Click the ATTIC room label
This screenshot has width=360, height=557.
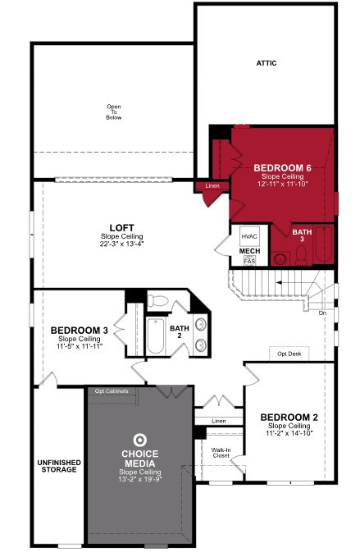coord(267,63)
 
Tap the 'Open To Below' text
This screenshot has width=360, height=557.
coord(114,112)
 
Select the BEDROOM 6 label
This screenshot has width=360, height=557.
coord(282,167)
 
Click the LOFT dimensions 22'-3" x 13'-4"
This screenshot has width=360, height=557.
coord(121,244)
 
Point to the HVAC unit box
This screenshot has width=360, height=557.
coord(249,236)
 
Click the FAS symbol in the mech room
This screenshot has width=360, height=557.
coord(249,261)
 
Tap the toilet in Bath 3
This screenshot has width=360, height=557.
coord(301,255)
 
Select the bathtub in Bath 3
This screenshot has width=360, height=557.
coord(323,244)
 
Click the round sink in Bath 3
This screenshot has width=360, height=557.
coord(280,258)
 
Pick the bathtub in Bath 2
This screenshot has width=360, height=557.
coord(156,336)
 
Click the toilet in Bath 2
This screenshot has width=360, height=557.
coord(157,301)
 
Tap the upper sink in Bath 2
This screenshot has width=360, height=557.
coord(201,324)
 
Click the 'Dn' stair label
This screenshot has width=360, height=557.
coord(322,313)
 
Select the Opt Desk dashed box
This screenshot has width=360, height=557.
coord(289,354)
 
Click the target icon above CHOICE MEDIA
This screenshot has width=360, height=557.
coord(140,441)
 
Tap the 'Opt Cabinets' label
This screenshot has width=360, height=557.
coord(112,391)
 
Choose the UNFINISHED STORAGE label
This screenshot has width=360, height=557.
coord(59,466)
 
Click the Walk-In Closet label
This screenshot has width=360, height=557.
coord(221,453)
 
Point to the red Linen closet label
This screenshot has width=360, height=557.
coord(212,185)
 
